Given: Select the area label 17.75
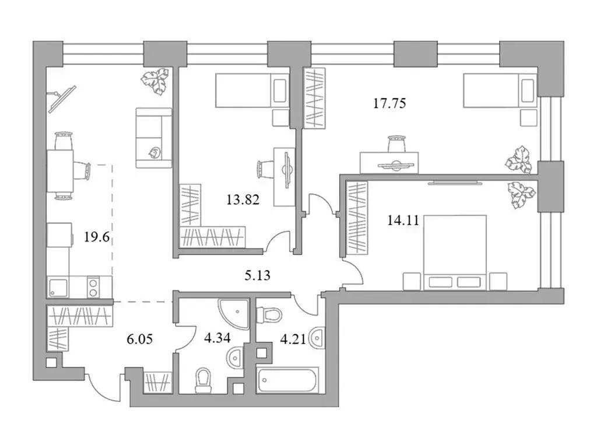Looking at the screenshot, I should click(x=389, y=104).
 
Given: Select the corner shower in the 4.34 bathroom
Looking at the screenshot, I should click(x=234, y=313).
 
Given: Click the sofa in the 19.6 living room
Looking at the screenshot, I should click(x=154, y=138).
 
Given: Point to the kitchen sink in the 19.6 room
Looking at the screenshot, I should click(x=58, y=287).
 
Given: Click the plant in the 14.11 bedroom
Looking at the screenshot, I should click(x=520, y=194).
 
